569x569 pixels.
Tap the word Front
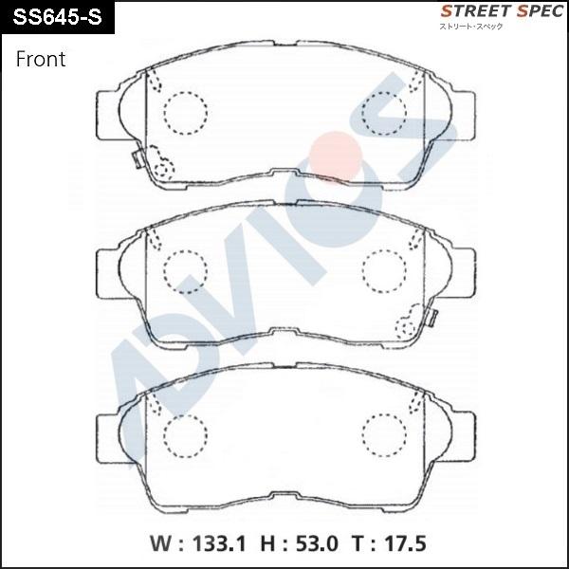(x=41, y=60)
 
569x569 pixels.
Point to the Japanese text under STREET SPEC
(x=470, y=27)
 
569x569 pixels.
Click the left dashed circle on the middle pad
(x=185, y=268)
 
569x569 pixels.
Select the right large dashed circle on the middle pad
(x=384, y=268)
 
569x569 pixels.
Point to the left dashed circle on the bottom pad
(x=185, y=433)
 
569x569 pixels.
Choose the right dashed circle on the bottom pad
(x=384, y=433)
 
